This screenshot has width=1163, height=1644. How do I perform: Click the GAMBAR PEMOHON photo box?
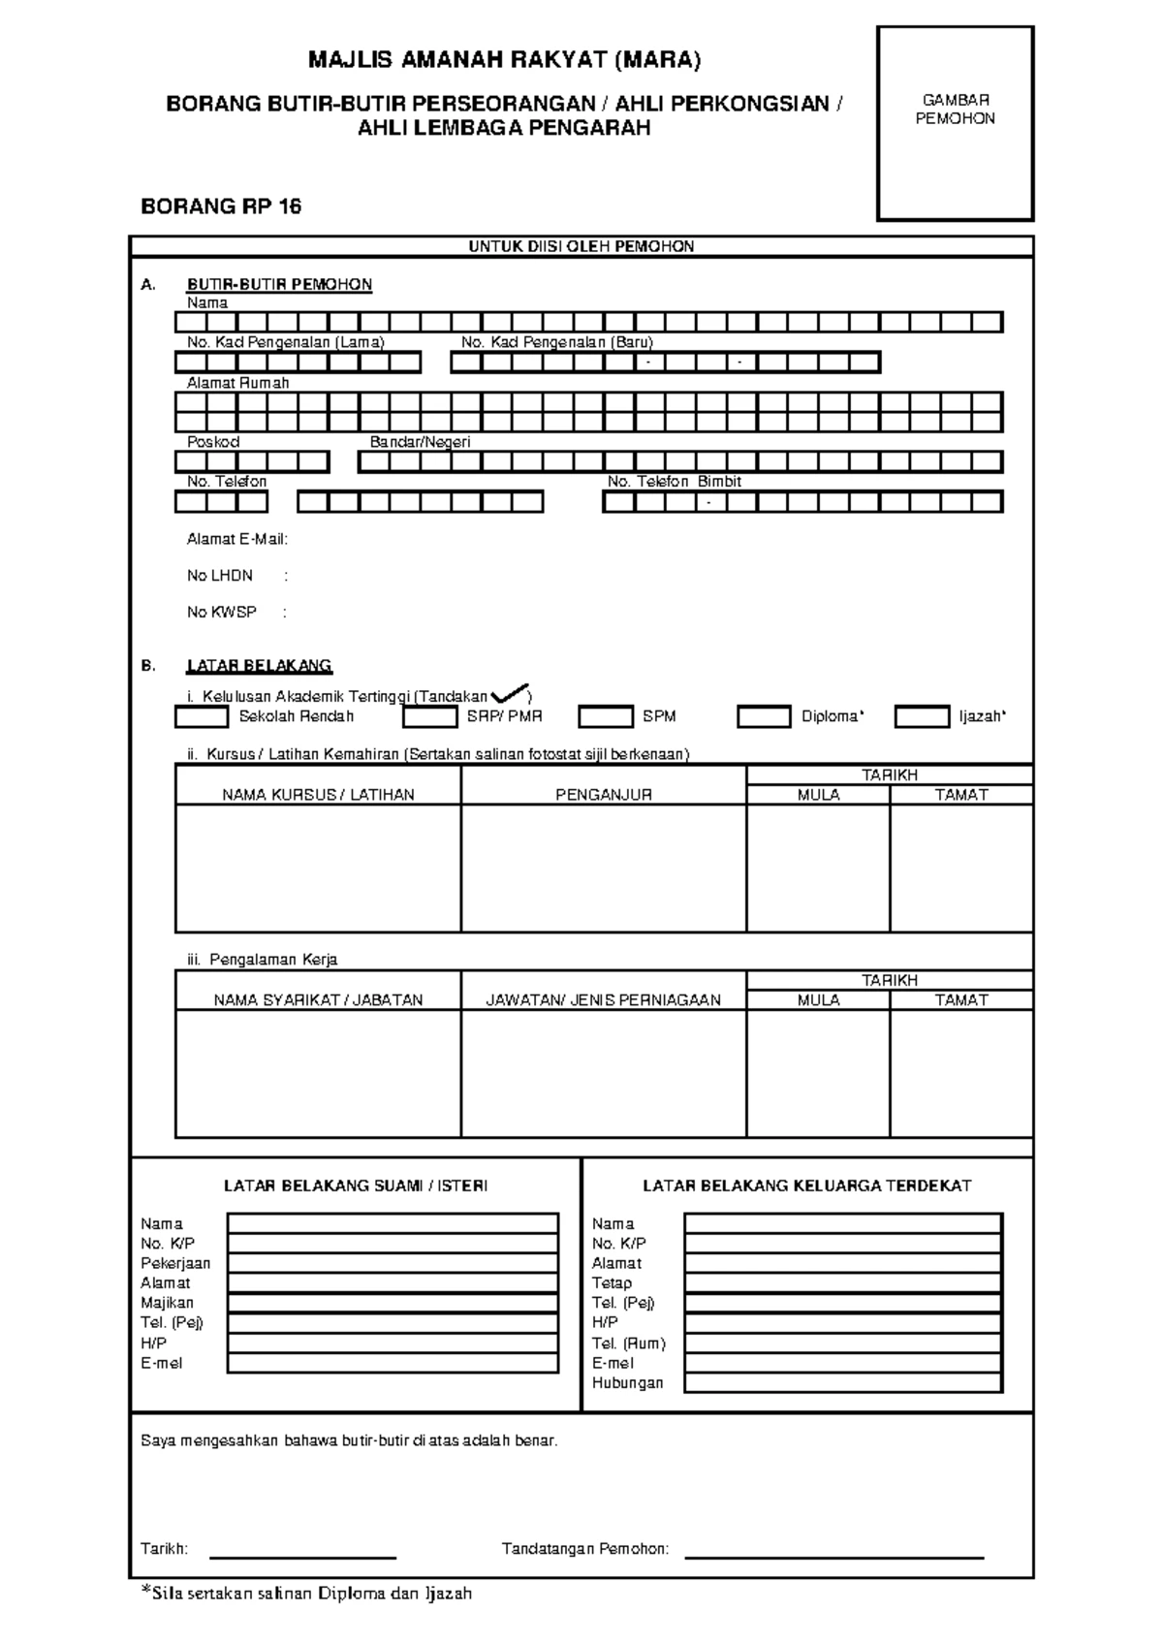pos(955,124)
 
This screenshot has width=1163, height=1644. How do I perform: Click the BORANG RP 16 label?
pos(221,206)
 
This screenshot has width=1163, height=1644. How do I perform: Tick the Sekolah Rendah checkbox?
pos(202,717)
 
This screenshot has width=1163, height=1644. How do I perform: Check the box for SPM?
pos(605,717)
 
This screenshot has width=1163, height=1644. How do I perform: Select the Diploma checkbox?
pos(764,717)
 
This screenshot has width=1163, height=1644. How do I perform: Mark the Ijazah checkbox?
pos(921,717)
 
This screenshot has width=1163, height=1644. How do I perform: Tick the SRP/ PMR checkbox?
pos(429,717)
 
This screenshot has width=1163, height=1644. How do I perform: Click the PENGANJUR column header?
pos(603,795)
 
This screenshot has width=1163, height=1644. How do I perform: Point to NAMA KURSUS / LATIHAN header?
pos(318,795)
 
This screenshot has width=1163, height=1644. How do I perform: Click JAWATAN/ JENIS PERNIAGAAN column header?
pos(603,1000)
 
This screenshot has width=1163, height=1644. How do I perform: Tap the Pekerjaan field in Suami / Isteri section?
pos(393,1263)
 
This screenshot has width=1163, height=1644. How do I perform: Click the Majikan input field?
pos(393,1303)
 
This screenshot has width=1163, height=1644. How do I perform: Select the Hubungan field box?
pos(842,1383)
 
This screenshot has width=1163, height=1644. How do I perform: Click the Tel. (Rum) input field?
pos(842,1344)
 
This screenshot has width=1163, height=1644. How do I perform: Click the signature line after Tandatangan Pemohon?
pos(833,1555)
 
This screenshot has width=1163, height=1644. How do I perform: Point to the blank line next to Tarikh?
pos(302,1555)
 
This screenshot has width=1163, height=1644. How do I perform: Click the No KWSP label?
pos(221,613)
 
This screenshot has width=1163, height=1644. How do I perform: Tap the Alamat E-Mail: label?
pos(236,540)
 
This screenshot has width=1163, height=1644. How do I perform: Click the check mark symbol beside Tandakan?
pos(510,694)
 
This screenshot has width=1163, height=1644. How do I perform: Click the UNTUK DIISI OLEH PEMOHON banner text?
pos(581,247)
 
